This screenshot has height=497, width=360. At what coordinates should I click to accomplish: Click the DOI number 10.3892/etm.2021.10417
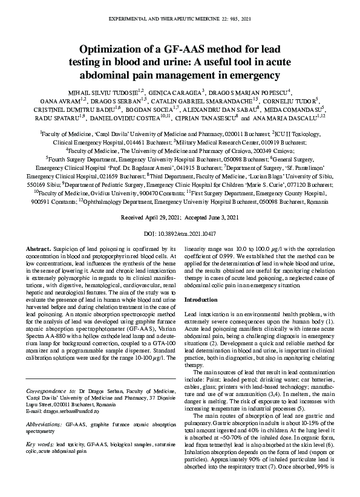(x=188, y=233)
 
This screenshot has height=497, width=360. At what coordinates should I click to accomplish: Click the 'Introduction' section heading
(x=200, y=299)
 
